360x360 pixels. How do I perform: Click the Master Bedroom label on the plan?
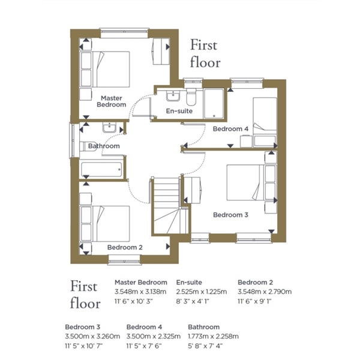pyautogui.click(x=112, y=101)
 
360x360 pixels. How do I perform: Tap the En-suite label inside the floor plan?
pyautogui.click(x=179, y=111)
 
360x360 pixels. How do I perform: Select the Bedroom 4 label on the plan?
pyautogui.click(x=230, y=129)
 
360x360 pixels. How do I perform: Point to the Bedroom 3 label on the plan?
pyautogui.click(x=230, y=215)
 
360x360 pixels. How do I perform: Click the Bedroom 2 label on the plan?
pyautogui.click(x=125, y=247)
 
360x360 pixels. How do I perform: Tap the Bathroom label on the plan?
pyautogui.click(x=104, y=146)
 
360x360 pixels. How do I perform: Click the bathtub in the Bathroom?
pyautogui.click(x=101, y=170)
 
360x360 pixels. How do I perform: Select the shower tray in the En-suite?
pyautogui.click(x=214, y=104)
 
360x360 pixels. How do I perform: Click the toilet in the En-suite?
pyautogui.click(x=191, y=97)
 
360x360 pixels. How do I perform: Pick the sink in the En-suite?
pyautogui.click(x=173, y=96)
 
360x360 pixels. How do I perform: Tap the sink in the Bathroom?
pyautogui.click(x=109, y=128)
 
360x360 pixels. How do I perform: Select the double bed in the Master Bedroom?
pyautogui.click(x=104, y=69)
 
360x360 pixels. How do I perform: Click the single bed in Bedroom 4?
pyautogui.click(x=265, y=122)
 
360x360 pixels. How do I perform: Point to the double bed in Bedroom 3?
pyautogui.click(x=251, y=182)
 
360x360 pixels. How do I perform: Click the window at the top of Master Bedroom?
pyautogui.click(x=124, y=33)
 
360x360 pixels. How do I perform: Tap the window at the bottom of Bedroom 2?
pyautogui.click(x=124, y=260)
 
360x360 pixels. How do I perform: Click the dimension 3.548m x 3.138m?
pyautogui.click(x=140, y=292)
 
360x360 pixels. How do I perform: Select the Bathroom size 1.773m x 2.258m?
pyautogui.click(x=213, y=337)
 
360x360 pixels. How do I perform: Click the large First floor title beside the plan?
pyautogui.click(x=205, y=54)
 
